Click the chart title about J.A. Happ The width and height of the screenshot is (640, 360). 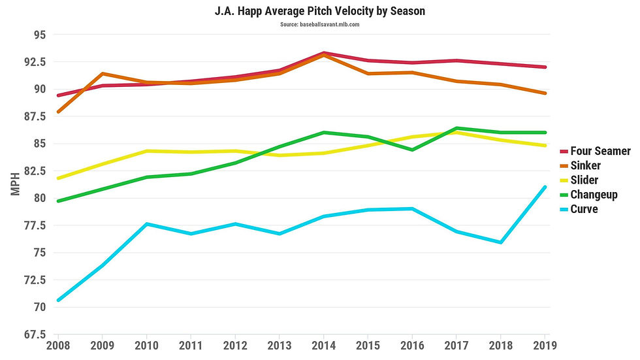pyautogui.click(x=320, y=12)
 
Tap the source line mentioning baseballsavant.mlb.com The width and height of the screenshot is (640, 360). pyautogui.click(x=320, y=25)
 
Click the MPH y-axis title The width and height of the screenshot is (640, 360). pyautogui.click(x=16, y=185)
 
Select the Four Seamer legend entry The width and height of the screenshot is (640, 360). pyautogui.click(x=600, y=152)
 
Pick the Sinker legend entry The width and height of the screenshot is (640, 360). pyautogui.click(x=585, y=166)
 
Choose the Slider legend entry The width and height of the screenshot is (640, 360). pyautogui.click(x=584, y=180)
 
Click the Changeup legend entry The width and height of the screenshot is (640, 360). pyautogui.click(x=594, y=195)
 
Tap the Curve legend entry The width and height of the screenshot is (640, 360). pyautogui.click(x=584, y=209)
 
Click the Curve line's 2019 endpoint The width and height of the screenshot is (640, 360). pyautogui.click(x=545, y=187)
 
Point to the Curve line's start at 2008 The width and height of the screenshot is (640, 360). pyautogui.click(x=59, y=300)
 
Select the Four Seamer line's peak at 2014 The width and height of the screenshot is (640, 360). pyautogui.click(x=324, y=53)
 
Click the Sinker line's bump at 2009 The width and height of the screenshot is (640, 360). pyautogui.click(x=103, y=74)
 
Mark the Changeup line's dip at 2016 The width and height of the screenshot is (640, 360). pyautogui.click(x=412, y=150)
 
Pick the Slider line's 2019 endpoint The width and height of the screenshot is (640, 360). pyautogui.click(x=545, y=146)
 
